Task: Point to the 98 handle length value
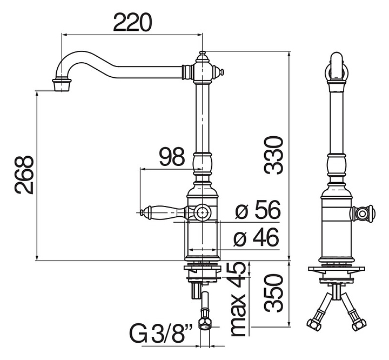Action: click(x=172, y=157)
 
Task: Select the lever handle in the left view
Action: click(x=162, y=212)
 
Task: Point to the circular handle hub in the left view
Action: click(x=203, y=213)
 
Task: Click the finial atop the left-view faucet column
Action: click(x=203, y=54)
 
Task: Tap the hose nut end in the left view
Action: click(x=205, y=324)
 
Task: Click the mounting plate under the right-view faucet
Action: click(x=336, y=269)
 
